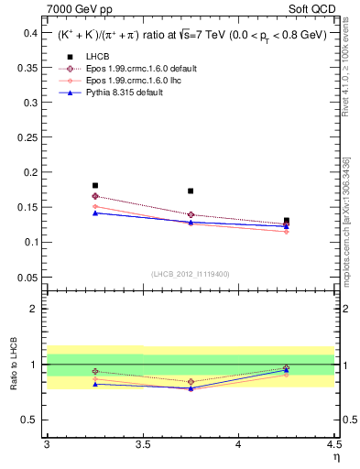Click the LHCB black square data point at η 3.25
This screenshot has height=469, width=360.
click(x=95, y=185)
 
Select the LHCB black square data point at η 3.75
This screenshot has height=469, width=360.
click(x=191, y=191)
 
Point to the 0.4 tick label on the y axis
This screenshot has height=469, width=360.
click(x=31, y=32)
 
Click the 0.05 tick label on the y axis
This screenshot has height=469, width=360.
click(x=28, y=277)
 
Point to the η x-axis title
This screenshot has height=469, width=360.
click(x=335, y=457)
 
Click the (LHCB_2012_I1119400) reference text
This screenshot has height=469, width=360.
click(x=191, y=274)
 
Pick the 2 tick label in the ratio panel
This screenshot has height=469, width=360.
click(x=35, y=309)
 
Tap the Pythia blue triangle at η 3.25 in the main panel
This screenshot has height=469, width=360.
click(x=95, y=213)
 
